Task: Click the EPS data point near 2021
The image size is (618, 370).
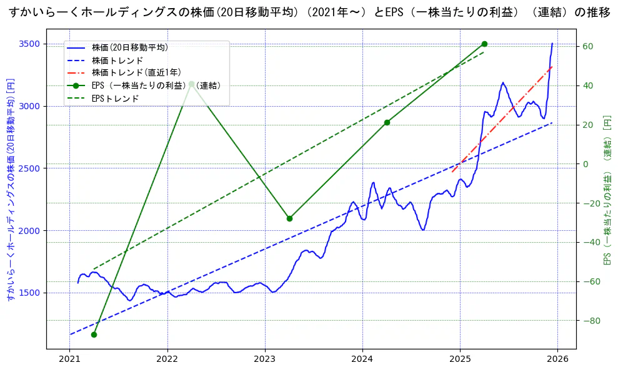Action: [94, 334]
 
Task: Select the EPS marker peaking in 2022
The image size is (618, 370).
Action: [191, 84]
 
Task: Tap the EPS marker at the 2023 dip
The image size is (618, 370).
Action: [289, 218]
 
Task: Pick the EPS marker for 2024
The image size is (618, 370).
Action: [387, 122]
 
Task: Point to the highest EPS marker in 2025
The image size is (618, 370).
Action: [484, 44]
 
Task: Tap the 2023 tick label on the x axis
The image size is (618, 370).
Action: [265, 359]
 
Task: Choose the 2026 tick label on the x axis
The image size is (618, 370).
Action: [557, 359]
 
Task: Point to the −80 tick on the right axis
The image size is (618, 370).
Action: [590, 321]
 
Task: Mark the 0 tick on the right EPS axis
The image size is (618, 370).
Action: [586, 164]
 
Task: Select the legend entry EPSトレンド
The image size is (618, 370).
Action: [115, 99]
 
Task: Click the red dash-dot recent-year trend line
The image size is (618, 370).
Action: [500, 119]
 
